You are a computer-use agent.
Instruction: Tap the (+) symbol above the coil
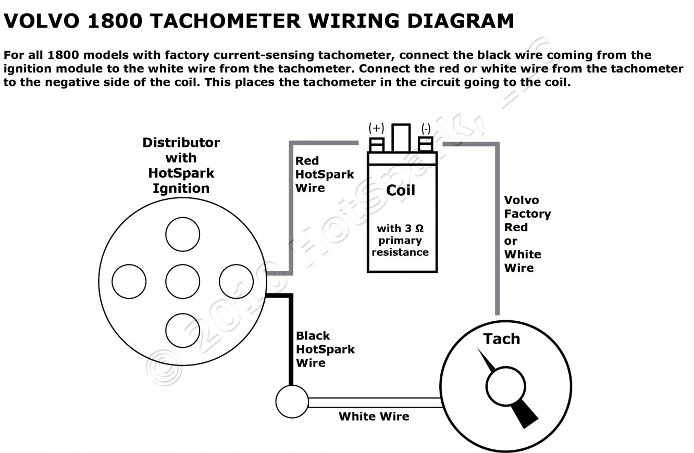[376, 128]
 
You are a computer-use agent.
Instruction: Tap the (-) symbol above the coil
[426, 128]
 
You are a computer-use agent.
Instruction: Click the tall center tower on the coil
[401, 138]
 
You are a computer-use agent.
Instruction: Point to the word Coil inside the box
[401, 191]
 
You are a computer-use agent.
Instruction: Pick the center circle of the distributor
[182, 281]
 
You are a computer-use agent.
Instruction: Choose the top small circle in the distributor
[182, 234]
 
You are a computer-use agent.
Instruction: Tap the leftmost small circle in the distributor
[129, 281]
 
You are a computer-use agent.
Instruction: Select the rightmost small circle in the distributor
[236, 281]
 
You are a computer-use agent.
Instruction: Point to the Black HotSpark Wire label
[325, 349]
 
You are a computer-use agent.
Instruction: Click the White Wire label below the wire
[374, 417]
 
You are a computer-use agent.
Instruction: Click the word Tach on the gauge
[501, 339]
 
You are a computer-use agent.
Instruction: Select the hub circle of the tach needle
[503, 386]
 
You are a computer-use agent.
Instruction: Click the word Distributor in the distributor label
[181, 143]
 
